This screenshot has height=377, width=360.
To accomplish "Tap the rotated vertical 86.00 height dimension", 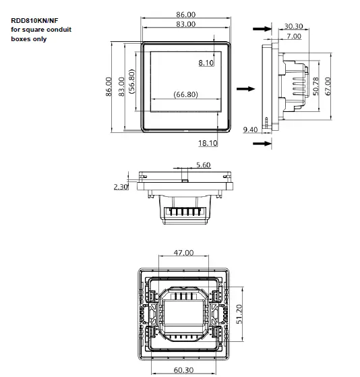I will [x=109, y=86].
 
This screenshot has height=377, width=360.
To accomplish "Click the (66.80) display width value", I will [x=185, y=94].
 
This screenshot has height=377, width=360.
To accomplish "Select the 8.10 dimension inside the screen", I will [x=206, y=63].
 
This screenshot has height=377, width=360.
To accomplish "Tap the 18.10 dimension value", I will [x=208, y=143].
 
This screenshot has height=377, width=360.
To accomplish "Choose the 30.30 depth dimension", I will [x=293, y=26].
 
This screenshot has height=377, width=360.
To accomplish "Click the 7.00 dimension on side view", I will [x=293, y=36].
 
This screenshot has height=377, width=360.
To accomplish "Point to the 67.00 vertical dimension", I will [x=328, y=86].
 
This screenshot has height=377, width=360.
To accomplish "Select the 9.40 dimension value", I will [x=249, y=129].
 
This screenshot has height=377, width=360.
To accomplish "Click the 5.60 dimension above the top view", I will [x=203, y=165].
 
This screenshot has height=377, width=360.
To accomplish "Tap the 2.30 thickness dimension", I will [x=121, y=187].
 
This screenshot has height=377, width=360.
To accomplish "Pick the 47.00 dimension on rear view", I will [x=183, y=252].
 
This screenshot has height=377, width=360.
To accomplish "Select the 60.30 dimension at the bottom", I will [x=183, y=370].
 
